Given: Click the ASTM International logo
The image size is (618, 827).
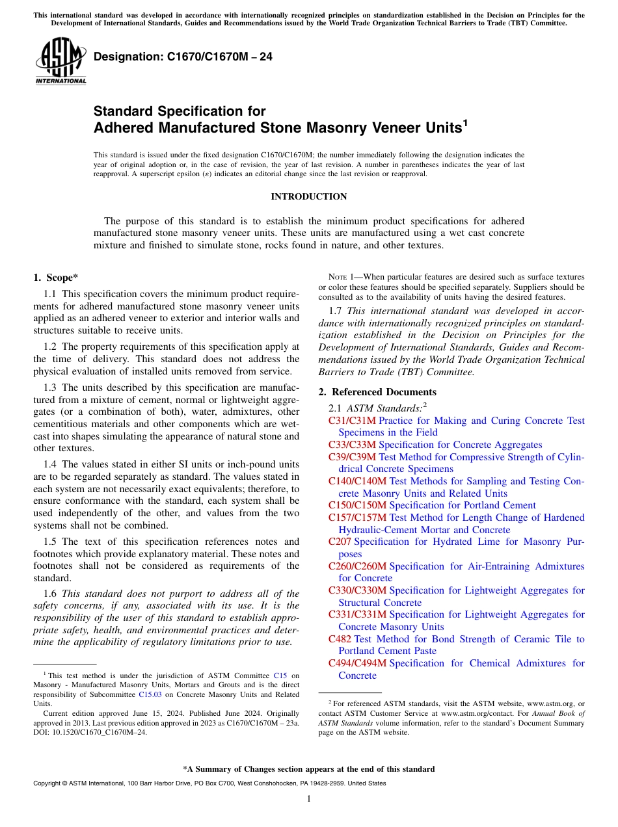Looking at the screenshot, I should pos(60,62).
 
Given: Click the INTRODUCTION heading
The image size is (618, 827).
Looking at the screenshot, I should pos(308,196).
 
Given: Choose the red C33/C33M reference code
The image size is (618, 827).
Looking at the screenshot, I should pos(352,445).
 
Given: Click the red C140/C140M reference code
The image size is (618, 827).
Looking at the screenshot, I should pos(357,481).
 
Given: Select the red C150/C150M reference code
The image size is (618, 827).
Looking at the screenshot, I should pos(357,505).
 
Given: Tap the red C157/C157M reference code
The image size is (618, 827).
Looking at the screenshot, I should pos(357,518).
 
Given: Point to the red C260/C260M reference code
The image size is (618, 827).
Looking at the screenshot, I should pos(357,566).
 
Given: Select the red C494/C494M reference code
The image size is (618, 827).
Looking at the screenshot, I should pos(357,663).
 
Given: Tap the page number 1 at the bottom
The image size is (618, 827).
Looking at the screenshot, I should pos(309,799).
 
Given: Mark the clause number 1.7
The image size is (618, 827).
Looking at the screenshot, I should pos(336,310).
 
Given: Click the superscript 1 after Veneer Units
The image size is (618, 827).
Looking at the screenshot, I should pos(464,122).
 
